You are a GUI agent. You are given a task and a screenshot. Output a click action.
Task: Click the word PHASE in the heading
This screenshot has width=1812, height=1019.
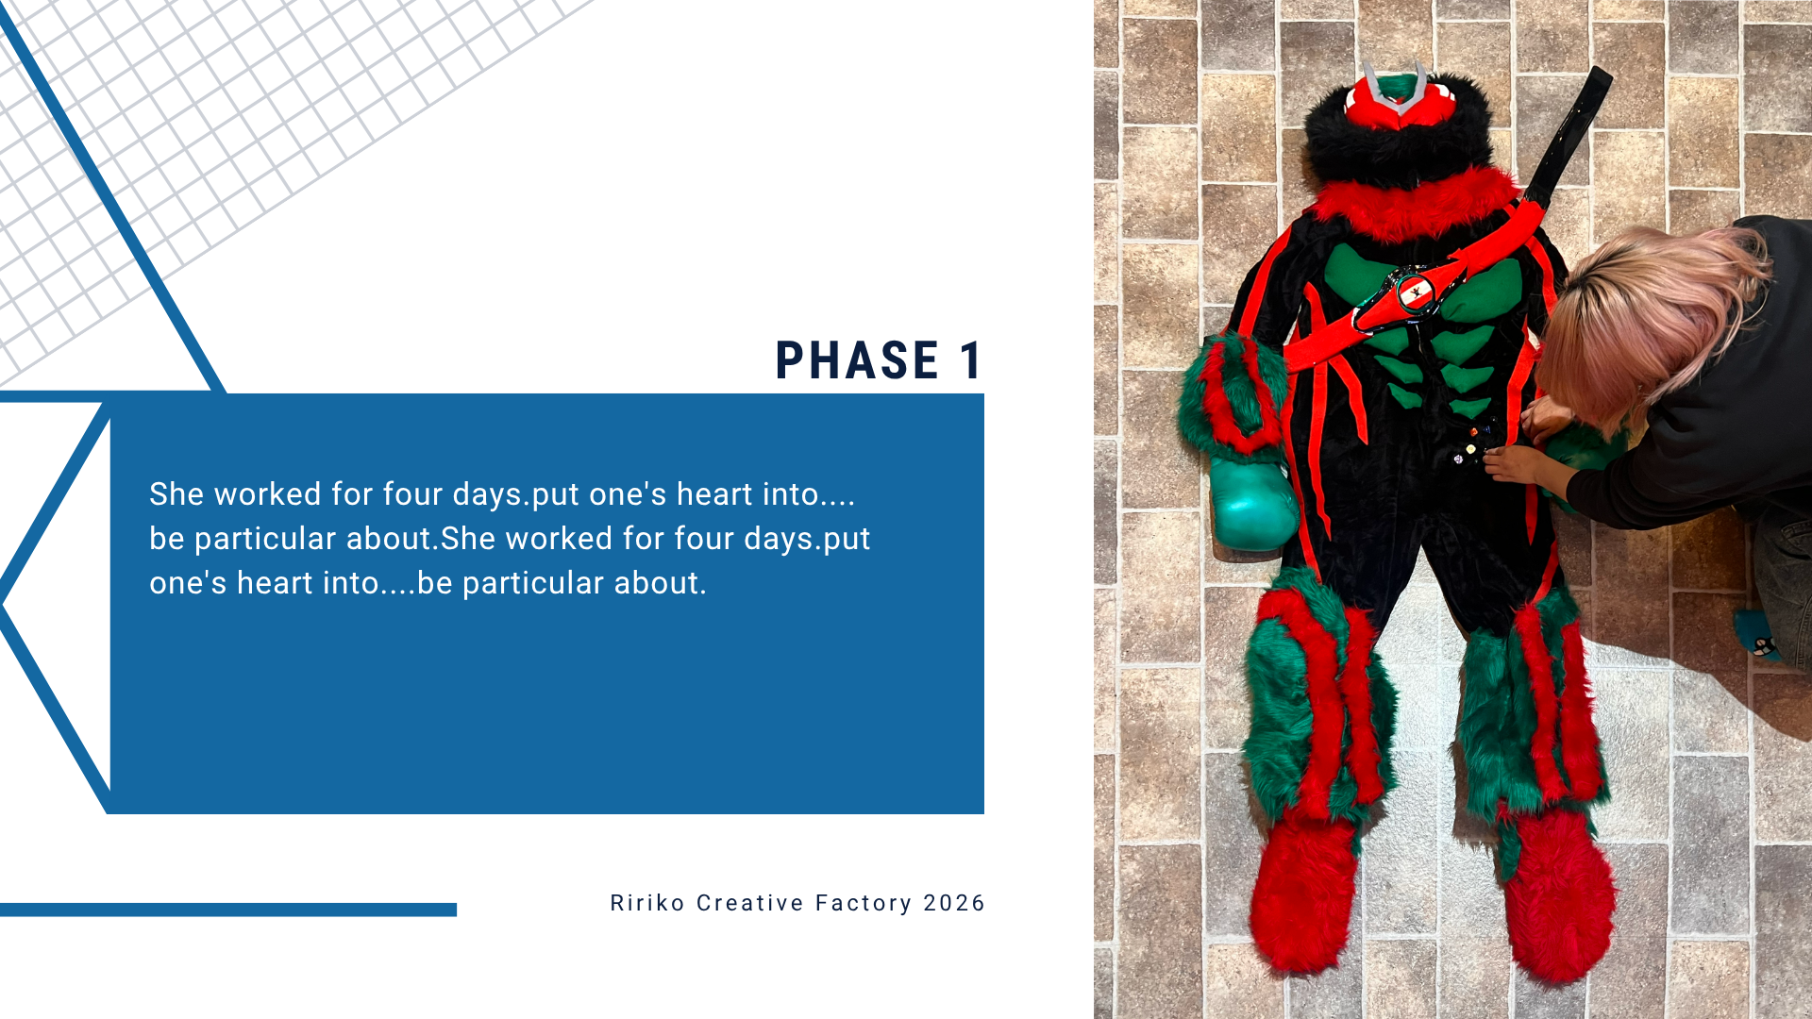(857, 360)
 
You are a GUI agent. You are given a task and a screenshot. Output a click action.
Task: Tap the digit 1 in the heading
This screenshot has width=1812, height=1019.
(971, 360)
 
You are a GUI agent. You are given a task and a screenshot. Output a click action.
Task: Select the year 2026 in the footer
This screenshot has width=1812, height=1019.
(954, 903)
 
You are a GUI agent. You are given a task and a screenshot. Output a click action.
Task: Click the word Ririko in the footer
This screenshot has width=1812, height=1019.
(647, 903)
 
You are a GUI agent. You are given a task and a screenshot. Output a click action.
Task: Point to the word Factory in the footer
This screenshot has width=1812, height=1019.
(864, 904)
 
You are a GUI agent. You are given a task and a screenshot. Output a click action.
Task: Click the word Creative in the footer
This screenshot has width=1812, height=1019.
(750, 903)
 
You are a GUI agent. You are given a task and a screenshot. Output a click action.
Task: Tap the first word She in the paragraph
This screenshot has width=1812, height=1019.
(176, 494)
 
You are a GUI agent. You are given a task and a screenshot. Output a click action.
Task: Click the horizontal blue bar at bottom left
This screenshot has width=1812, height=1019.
(228, 910)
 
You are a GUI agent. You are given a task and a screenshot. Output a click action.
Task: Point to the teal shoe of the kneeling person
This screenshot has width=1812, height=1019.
(1756, 636)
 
